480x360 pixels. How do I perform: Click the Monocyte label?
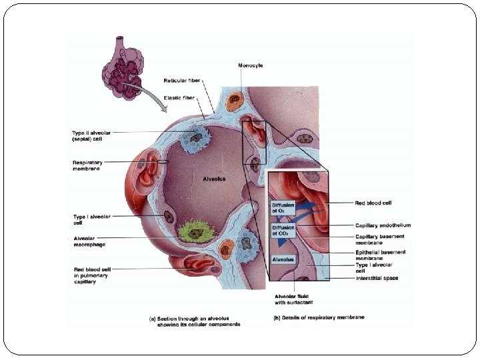[x=251, y=65]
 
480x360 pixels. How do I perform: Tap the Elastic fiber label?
[x=179, y=97]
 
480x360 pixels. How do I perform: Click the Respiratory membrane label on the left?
[x=88, y=165]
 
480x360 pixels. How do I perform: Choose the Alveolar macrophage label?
[x=90, y=241]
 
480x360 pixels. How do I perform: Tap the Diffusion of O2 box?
[x=283, y=207]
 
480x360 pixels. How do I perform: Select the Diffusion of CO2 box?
[x=283, y=231]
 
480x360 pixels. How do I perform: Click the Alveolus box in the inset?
[x=283, y=259]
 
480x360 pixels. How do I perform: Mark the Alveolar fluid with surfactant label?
[x=293, y=299]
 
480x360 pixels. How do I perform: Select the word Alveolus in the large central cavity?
[x=214, y=179]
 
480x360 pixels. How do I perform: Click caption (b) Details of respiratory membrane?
[x=319, y=317]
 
